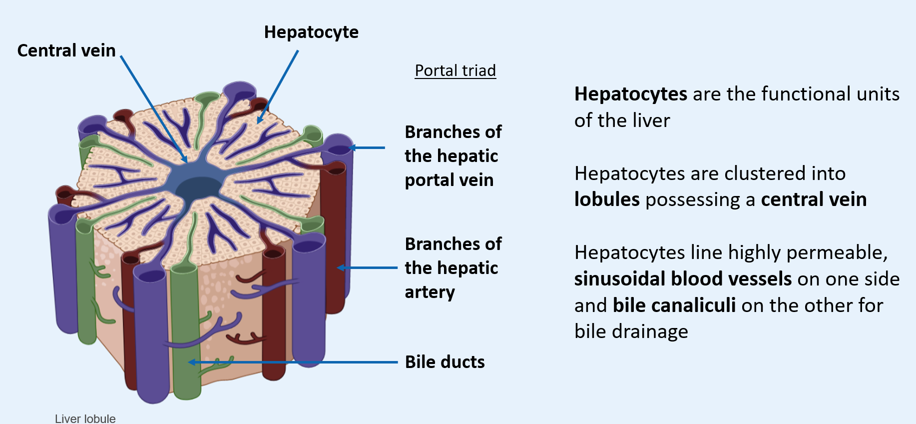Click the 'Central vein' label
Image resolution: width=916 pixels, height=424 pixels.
pos(66,50)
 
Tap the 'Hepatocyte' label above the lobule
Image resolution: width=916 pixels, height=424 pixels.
pos(311,32)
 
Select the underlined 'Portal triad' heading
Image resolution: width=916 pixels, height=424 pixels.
pos(455,70)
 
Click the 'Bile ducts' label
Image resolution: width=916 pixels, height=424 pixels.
pos(445,362)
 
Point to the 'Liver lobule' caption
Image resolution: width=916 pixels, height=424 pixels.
pos(85,418)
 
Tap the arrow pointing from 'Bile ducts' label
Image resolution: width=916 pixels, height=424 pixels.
pos(295,362)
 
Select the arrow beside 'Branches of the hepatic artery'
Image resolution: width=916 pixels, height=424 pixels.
pos(367,268)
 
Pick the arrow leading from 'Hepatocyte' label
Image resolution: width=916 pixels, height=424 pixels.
pos(278,86)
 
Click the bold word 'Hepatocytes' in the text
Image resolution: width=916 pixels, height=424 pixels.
pos(630,94)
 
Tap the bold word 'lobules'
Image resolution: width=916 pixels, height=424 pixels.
pos(607,199)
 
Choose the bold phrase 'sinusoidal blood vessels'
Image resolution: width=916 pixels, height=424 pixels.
pos(683,279)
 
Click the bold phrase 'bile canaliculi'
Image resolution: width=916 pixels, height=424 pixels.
pos(674,305)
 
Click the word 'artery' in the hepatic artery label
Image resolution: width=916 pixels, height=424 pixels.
pos(430,292)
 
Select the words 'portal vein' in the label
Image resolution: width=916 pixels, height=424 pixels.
pos(449,180)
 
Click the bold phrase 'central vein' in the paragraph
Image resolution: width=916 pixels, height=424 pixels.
pos(814,199)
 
